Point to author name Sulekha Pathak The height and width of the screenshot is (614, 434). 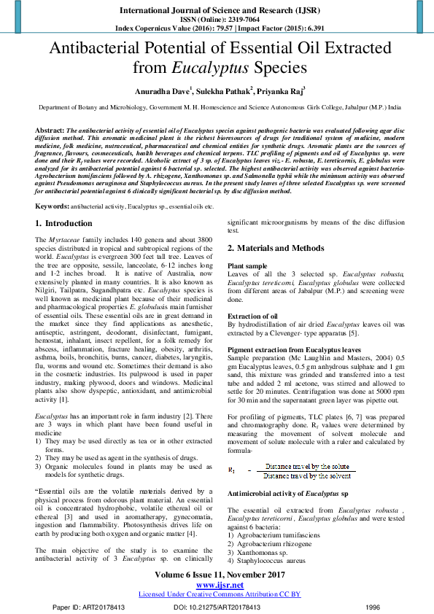click(x=222, y=92)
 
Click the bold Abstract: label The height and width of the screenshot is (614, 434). click(x=50, y=128)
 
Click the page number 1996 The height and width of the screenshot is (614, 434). click(x=372, y=606)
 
